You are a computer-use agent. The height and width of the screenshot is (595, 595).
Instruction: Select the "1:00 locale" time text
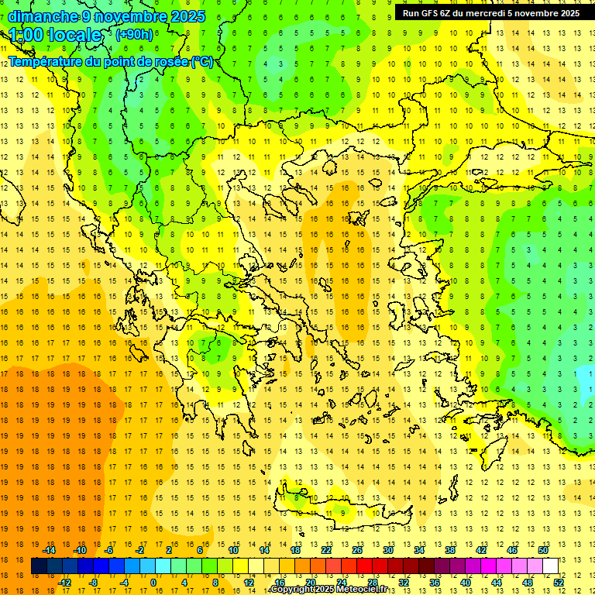click(55, 35)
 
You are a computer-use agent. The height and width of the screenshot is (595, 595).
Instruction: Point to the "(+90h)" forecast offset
click(134, 34)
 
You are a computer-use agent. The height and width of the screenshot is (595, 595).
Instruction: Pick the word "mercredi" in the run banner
click(485, 13)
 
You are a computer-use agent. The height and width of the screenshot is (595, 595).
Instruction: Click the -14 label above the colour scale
click(50, 550)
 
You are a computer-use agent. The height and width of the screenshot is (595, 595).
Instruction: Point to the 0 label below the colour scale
click(153, 583)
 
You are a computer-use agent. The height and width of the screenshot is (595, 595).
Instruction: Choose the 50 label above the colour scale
click(542, 550)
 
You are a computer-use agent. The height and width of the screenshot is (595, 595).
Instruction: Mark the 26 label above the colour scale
click(357, 550)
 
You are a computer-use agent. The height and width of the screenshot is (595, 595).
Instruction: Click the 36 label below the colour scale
click(434, 583)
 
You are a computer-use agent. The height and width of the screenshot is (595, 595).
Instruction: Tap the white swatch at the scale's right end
click(550, 566)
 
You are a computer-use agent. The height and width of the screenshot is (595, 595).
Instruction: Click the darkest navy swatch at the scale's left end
click(39, 566)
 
